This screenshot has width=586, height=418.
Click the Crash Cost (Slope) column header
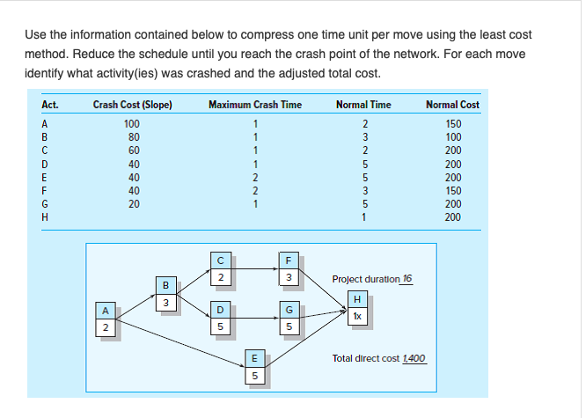coord(132,105)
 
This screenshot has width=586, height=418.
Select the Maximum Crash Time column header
coord(255,105)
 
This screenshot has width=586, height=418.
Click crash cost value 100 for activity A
coord(133,122)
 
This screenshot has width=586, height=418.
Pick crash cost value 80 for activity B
coord(133,136)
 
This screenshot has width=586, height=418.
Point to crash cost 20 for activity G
coord(133,203)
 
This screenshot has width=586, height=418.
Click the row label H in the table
coord(44,216)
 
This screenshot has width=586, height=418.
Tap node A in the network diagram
coord(106,318)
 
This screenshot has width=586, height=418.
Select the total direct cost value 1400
coord(413,358)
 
